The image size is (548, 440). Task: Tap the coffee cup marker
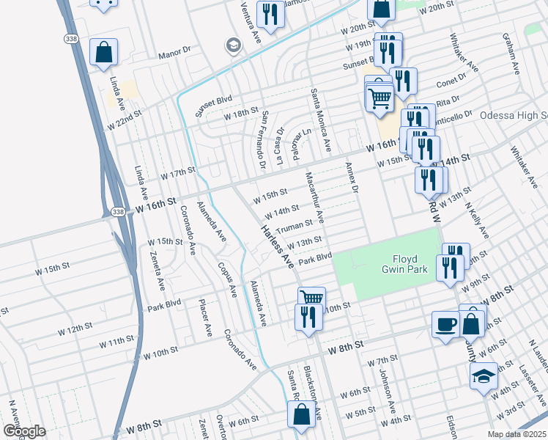(445, 325)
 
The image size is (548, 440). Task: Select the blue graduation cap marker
(484, 377)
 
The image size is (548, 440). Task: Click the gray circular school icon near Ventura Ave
(234, 45)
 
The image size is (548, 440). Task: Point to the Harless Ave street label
(274, 246)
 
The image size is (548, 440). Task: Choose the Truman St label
(295, 223)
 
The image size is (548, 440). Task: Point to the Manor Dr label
(174, 55)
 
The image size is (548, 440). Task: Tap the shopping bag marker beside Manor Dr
(104, 53)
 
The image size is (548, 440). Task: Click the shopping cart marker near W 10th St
(311, 298)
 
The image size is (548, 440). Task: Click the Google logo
(24, 430)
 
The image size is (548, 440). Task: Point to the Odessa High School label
(513, 116)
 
